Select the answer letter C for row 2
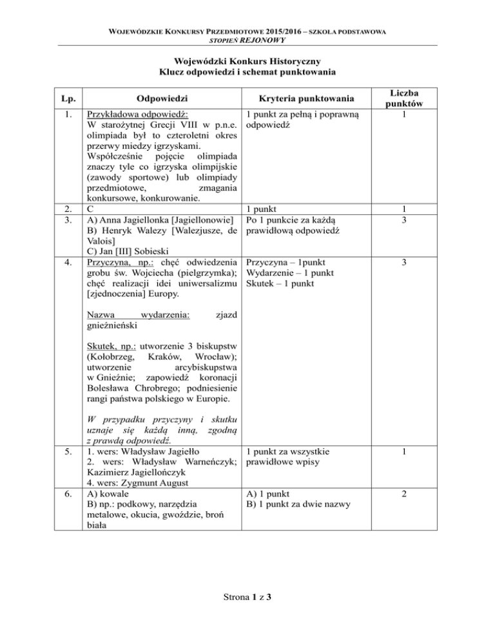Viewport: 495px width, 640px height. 90,209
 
